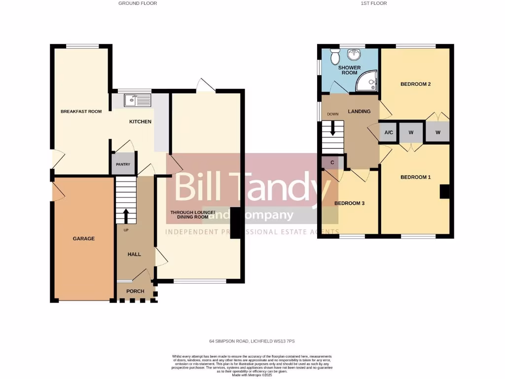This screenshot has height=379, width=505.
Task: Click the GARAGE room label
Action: click(x=84, y=238)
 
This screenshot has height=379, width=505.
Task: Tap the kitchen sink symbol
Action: click(x=138, y=101)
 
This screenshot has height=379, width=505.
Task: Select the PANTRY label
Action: click(x=122, y=165)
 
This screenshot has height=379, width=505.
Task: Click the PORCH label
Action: click(x=135, y=291)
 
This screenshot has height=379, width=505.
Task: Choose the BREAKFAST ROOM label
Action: click(x=81, y=112)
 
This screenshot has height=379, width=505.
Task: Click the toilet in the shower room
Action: click(x=335, y=58)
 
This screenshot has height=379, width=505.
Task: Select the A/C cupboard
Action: click(x=388, y=133)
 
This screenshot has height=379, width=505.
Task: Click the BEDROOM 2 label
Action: click(x=415, y=84)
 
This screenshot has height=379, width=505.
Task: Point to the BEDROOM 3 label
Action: click(x=349, y=203)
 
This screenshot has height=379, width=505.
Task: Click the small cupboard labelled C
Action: click(x=332, y=162)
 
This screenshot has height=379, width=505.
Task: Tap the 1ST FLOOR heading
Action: click(x=374, y=3)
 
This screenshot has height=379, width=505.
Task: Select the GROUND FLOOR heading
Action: click(x=138, y=3)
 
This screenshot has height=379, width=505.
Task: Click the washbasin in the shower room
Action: click(x=353, y=55)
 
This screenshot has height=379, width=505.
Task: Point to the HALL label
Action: click(x=134, y=254)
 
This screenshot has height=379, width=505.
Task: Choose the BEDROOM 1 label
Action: click(x=415, y=177)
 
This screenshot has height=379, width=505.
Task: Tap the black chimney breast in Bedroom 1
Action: click(x=444, y=191)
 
